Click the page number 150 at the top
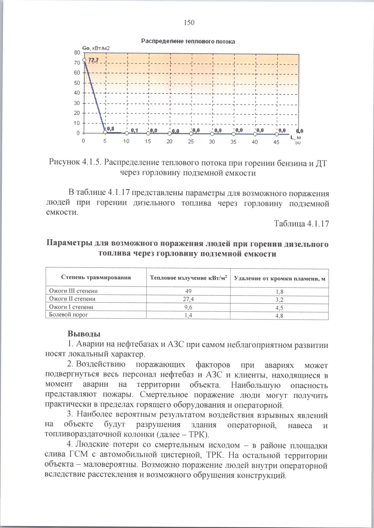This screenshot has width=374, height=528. [189, 22]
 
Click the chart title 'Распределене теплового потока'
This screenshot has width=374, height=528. [188, 41]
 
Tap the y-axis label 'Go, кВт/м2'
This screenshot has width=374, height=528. [96, 48]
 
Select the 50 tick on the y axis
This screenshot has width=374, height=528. [77, 83]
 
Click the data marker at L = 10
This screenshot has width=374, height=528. [127, 133]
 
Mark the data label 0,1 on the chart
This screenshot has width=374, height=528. [134, 130]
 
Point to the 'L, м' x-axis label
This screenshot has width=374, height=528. [295, 137]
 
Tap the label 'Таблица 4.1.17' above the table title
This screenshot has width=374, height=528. [301, 223]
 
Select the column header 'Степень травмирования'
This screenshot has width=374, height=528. [96, 277]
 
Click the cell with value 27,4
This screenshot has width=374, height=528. [188, 299]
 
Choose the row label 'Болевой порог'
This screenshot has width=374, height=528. [69, 314]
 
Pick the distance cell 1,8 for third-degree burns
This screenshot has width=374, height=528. [279, 292]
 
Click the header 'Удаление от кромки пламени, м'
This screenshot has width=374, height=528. [279, 278]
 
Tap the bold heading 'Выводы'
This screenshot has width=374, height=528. [84, 334]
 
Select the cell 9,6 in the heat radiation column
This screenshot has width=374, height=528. [188, 307]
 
